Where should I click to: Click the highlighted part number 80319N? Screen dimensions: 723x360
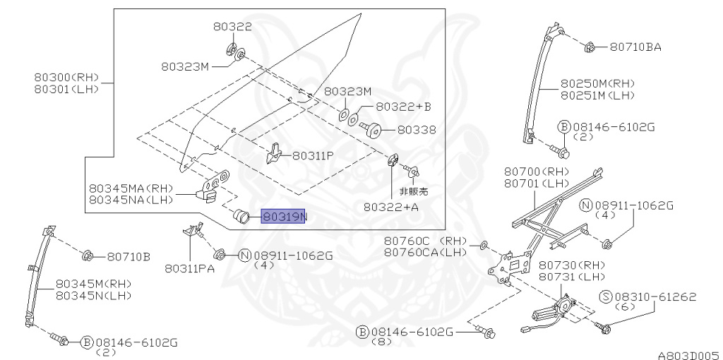pos(283,216)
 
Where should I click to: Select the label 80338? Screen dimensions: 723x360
pos(417,130)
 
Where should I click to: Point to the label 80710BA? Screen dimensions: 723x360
pos(635,47)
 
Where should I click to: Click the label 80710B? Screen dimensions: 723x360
pos(129,257)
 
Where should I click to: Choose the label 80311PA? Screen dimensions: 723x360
pos(189,268)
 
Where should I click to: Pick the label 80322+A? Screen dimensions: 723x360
pos(391,208)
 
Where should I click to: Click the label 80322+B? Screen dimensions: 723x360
pos(403,107)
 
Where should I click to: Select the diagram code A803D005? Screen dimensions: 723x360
pos(690,355)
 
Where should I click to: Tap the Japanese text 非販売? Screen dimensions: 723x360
pos(413,191)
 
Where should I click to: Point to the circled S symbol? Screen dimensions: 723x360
pos(606,297)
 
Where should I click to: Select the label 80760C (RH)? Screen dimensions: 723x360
pos(426,241)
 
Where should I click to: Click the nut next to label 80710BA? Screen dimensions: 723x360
pos(589,47)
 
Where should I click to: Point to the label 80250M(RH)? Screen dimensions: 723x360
pos(597,84)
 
